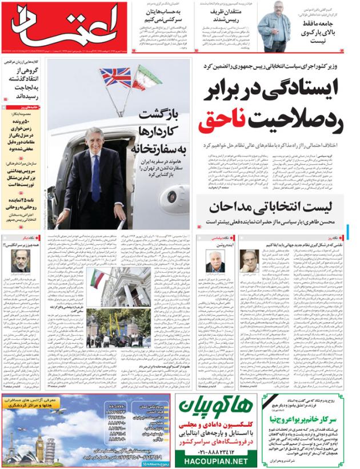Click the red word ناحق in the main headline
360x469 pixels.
click(226, 121)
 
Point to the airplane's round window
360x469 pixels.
click(172, 196)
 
